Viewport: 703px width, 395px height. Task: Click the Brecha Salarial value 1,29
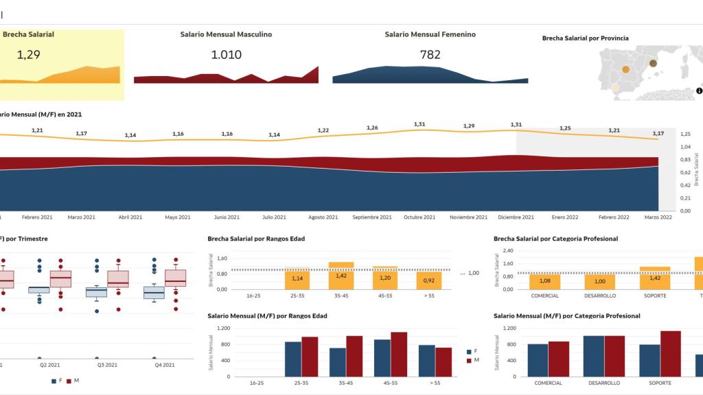[x=28, y=55]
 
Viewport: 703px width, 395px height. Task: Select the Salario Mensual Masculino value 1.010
[x=226, y=55]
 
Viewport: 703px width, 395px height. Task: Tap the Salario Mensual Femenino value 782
[x=430, y=55]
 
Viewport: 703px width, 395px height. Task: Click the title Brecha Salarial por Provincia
[x=585, y=38]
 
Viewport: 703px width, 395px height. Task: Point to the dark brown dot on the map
[x=653, y=63]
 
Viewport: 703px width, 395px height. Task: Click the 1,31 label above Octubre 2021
[x=419, y=124]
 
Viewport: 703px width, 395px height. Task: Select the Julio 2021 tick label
[x=275, y=217]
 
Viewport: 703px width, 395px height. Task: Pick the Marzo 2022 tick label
[x=658, y=217]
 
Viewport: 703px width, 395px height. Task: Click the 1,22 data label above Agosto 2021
[x=323, y=130]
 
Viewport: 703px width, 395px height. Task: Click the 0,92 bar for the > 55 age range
[x=429, y=280]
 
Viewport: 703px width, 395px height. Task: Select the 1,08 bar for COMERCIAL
[x=545, y=281]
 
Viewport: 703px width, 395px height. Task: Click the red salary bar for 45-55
[x=399, y=355]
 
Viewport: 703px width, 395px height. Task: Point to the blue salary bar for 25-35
[x=293, y=359]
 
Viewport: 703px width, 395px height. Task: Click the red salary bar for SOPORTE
[x=671, y=354]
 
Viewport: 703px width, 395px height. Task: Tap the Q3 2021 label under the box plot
[x=106, y=365]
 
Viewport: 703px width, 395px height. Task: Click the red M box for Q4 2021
[x=175, y=278]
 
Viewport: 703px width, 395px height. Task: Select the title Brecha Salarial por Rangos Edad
[x=256, y=239]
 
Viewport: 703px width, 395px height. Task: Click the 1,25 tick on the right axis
[x=685, y=134]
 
